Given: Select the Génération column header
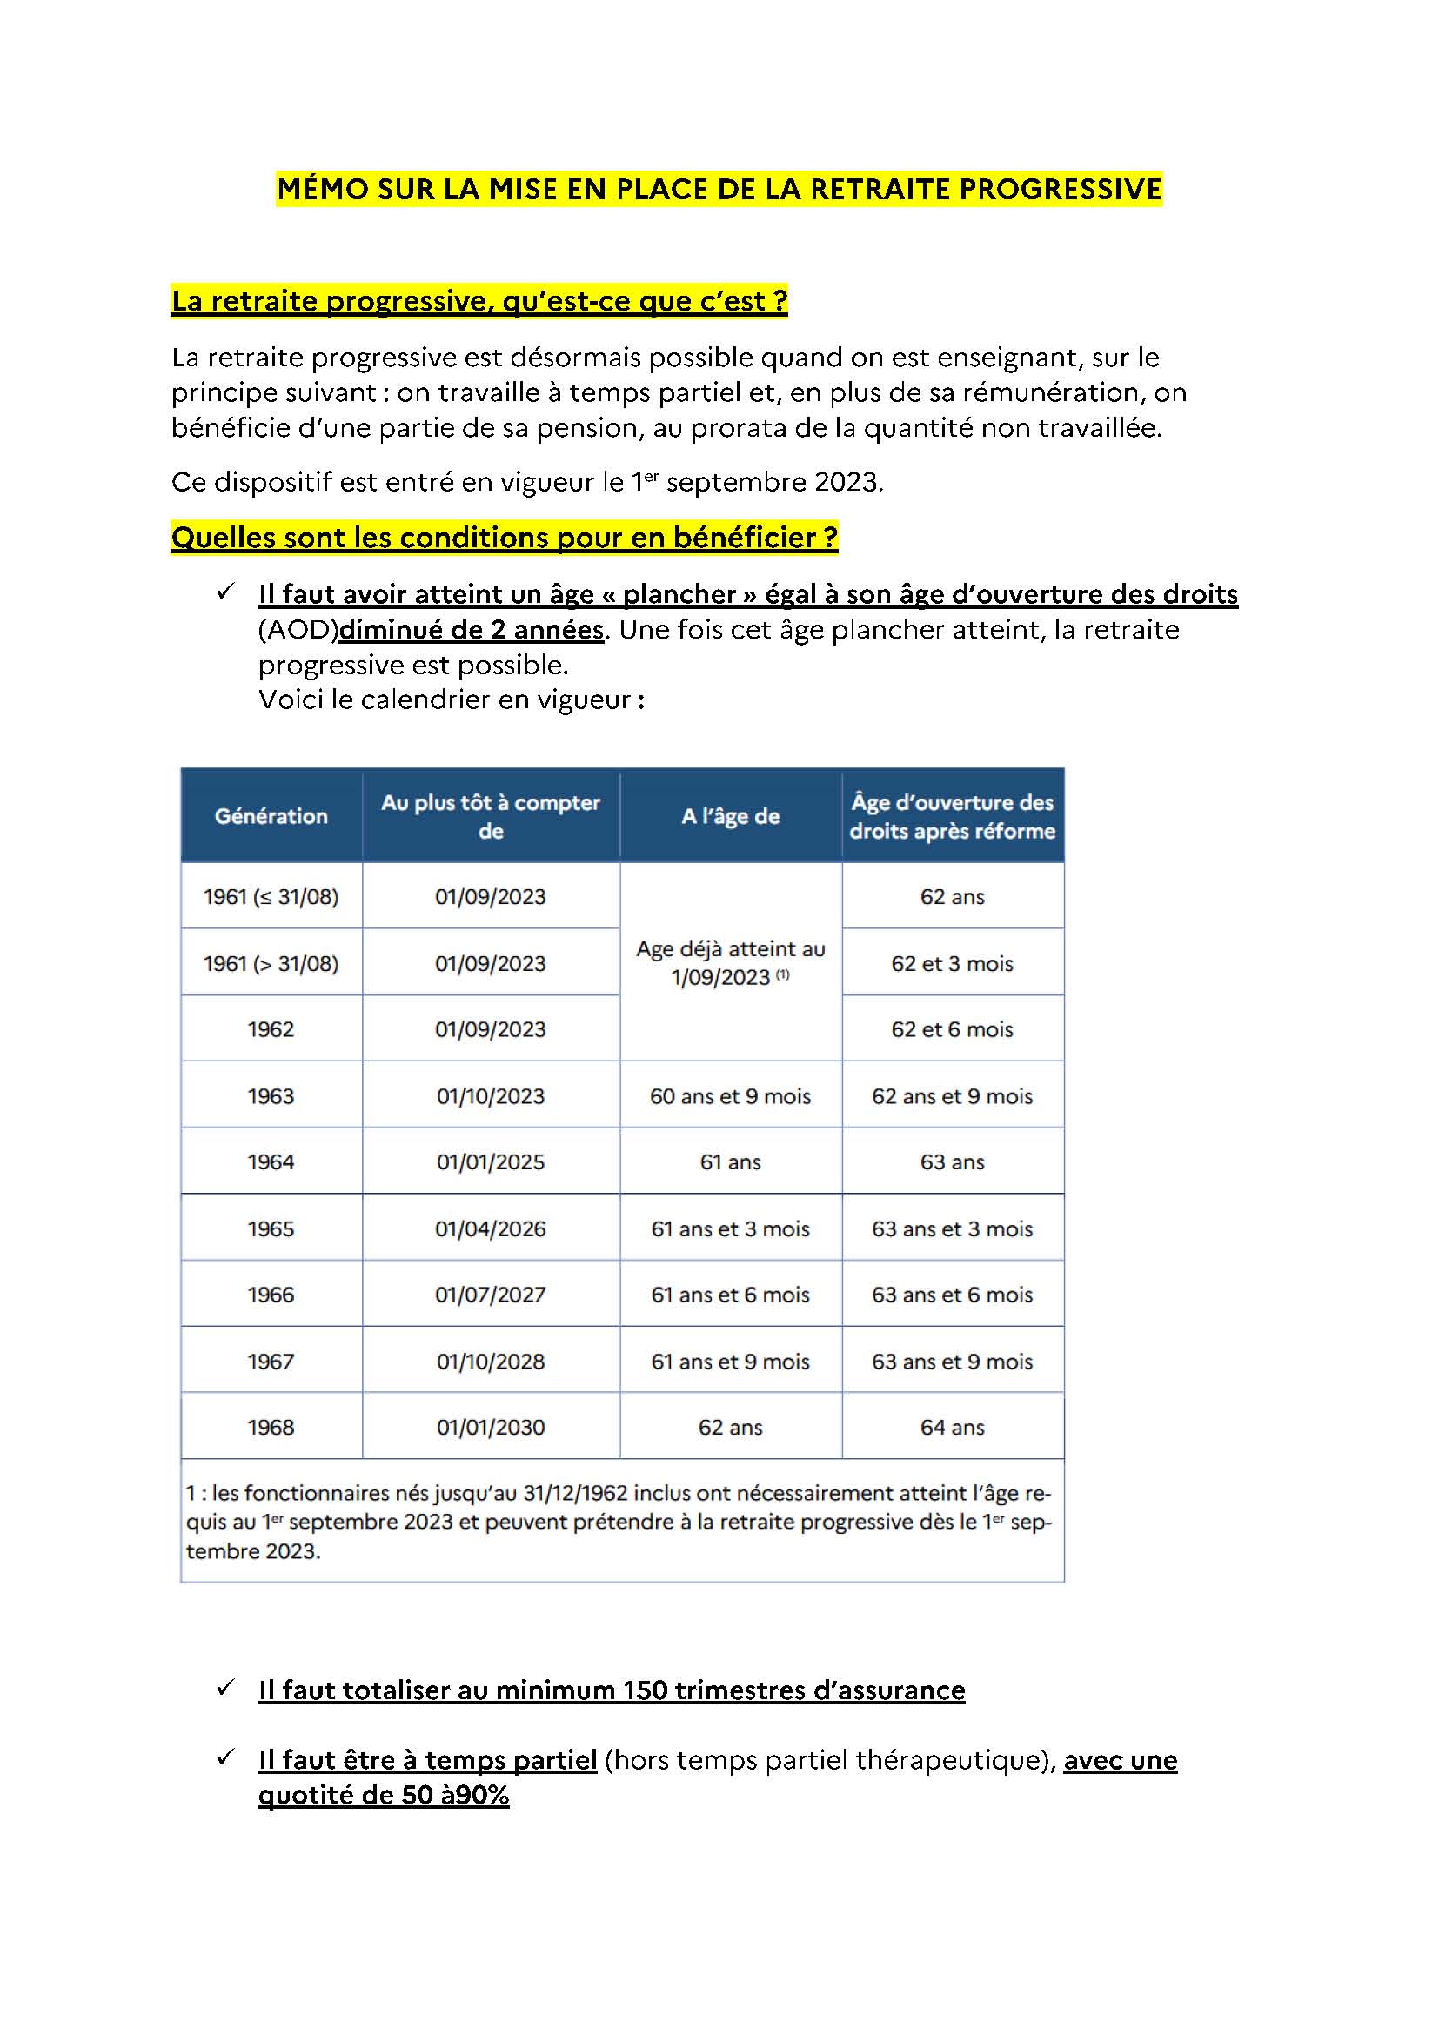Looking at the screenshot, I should pos(271,816).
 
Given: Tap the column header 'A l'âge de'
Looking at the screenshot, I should pos(730,816).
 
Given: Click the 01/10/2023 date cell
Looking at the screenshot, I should pos(490,1096).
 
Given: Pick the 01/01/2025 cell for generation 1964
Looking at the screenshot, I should pos(490,1162).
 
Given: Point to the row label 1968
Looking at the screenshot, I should pos(271,1427).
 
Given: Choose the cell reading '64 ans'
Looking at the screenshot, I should pos(952,1427).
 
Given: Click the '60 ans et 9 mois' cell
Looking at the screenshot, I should pos(730,1096).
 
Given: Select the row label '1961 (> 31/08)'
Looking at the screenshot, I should pos(271,963).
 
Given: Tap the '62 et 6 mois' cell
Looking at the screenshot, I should pos(952,1029).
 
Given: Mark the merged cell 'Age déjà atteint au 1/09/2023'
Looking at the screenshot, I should pos(730,962).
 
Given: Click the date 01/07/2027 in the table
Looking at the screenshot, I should pos(490,1295).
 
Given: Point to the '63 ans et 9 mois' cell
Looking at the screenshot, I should pos(952,1362).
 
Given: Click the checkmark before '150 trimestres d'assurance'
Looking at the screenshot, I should pos(226,1688).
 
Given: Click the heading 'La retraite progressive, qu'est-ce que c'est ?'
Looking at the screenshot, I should pos(479,301).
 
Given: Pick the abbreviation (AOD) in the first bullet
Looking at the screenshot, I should pos(298,630).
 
